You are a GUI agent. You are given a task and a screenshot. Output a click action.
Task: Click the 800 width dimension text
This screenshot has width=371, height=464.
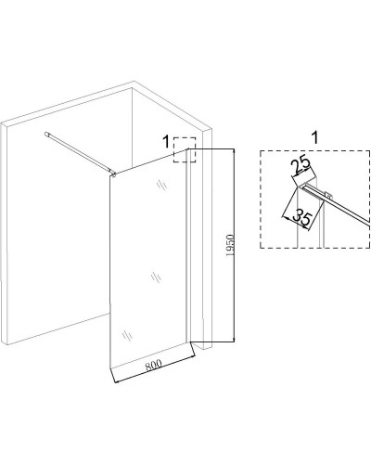click(153, 365)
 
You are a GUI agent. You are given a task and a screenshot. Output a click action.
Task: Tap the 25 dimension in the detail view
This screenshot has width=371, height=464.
click(301, 165)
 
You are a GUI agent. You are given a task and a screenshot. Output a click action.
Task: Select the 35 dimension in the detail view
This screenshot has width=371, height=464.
click(301, 217)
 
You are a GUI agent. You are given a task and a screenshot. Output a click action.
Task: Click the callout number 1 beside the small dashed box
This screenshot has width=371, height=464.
click(166, 142)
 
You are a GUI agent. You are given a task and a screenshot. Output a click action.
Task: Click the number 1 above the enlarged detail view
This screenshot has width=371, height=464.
click(315, 137)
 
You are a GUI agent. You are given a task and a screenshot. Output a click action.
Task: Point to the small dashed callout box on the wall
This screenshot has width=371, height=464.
click(185, 149)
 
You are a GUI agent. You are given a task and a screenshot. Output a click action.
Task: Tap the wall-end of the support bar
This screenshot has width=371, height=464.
click(47, 134)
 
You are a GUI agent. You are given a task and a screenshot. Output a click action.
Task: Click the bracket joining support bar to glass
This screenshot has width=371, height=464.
click(113, 174)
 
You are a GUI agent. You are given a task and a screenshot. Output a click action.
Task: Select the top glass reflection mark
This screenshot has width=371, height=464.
click(161, 185)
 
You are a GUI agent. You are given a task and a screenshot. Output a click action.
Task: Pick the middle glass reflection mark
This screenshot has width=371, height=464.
click(156, 277)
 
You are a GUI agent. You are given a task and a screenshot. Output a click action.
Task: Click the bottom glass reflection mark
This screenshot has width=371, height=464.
click(127, 335)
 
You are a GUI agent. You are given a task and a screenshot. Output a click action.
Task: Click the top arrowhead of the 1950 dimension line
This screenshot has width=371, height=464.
click(234, 151)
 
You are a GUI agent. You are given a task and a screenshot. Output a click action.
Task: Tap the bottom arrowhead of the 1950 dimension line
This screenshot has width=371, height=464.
click(234, 340)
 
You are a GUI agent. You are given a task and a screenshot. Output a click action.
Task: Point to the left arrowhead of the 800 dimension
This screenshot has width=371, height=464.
click(116, 381)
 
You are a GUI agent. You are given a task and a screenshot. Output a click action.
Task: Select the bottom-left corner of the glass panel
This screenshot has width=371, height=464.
click(110, 368)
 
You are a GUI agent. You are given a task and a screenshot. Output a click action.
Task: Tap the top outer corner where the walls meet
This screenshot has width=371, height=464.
click(134, 82)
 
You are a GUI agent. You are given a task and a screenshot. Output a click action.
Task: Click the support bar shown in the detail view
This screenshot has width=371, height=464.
click(337, 205)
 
